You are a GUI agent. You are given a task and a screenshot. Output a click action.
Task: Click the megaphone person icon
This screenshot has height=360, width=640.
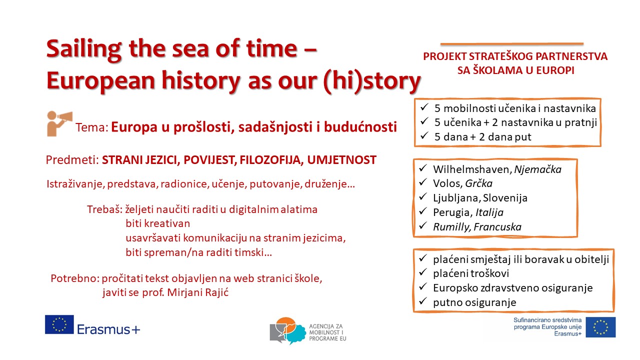tap(59, 123)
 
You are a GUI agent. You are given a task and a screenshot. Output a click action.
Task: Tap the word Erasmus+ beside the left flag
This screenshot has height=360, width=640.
tap(108, 329)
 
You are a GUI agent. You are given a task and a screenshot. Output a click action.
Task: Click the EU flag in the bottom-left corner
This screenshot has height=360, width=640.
tap(59, 324)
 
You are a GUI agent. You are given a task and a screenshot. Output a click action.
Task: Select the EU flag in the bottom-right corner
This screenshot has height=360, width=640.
tap(600, 327)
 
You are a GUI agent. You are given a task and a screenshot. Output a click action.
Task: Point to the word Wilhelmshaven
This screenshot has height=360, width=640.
tap(472, 169)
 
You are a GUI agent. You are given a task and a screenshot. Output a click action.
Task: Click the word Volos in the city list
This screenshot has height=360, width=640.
tap(447, 183)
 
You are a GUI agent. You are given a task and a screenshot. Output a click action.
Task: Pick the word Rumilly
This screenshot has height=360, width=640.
tap(451, 227)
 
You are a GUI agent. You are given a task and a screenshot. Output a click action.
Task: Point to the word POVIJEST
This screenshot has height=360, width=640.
tap(210, 160)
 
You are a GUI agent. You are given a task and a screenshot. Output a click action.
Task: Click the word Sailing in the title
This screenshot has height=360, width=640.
tap(84, 49)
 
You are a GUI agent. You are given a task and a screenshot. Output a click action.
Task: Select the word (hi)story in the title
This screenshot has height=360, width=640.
tap(372, 81)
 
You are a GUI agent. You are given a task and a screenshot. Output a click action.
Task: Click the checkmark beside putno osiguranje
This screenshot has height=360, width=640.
tap(423, 300)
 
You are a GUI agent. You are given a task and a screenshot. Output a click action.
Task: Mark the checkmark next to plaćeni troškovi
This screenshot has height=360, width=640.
tap(423, 272)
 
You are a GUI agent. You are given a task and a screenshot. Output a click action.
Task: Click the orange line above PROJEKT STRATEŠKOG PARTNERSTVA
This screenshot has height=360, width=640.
tap(512, 44)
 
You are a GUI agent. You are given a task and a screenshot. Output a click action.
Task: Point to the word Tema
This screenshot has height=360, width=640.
tap(92, 127)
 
